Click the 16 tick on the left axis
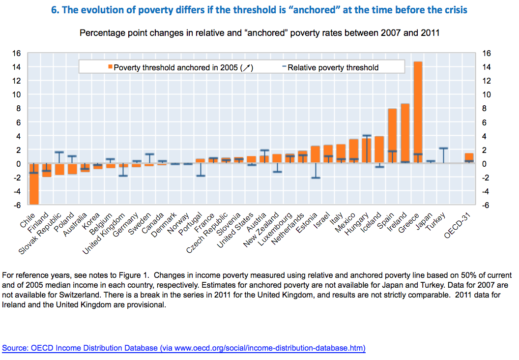coord(17,53)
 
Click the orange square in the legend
coord(111,67)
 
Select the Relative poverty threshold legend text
coord(333,67)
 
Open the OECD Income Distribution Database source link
coord(184,348)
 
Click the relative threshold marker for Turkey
coord(443,148)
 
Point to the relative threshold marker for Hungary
coord(367,135)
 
